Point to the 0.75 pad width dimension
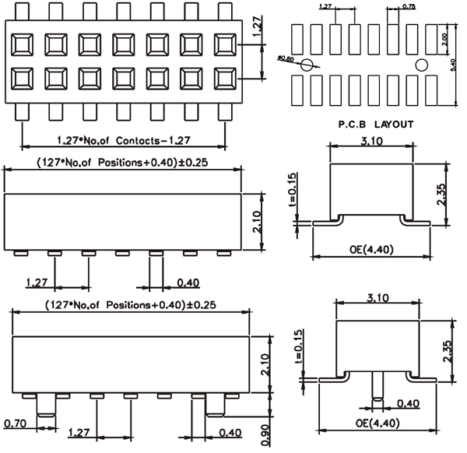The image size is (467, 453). pos(409,7)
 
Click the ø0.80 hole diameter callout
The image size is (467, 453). pos(286,58)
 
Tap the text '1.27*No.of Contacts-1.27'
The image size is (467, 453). pos(125,141)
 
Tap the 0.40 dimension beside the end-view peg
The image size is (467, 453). pos(409,403)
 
